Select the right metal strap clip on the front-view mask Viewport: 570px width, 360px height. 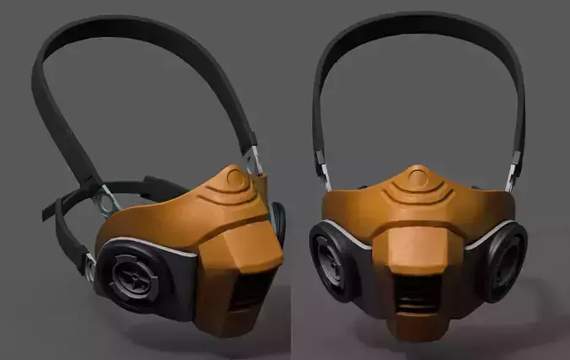pos(511,172)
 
